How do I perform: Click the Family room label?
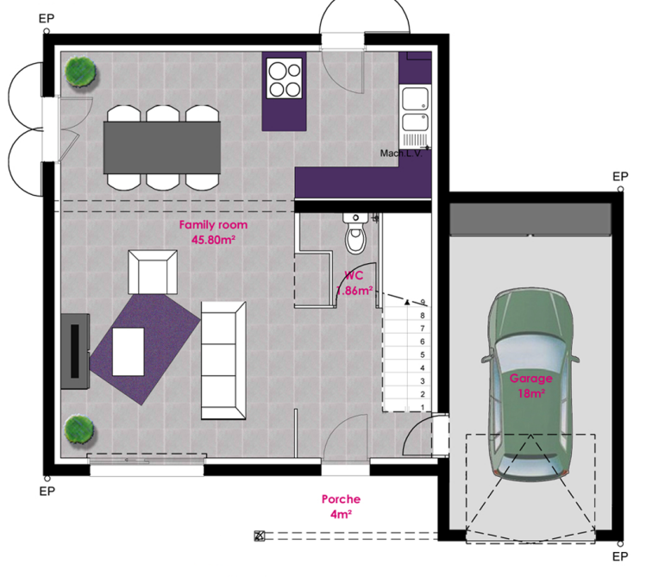point(207,225)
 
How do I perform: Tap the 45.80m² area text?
point(207,241)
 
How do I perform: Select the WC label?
point(353,276)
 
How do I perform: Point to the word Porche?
point(341,499)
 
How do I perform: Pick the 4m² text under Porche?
point(341,514)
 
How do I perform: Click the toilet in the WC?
point(354,232)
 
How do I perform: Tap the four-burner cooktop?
point(285,78)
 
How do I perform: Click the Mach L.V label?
point(399,154)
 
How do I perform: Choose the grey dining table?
point(161,147)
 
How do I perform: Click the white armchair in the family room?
point(152,272)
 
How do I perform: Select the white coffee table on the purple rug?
point(128,351)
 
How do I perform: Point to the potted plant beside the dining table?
point(81,71)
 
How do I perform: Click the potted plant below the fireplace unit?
point(78,429)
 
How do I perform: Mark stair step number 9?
point(422,303)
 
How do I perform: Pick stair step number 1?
point(422,406)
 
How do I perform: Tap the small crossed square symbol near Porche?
point(259,536)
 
